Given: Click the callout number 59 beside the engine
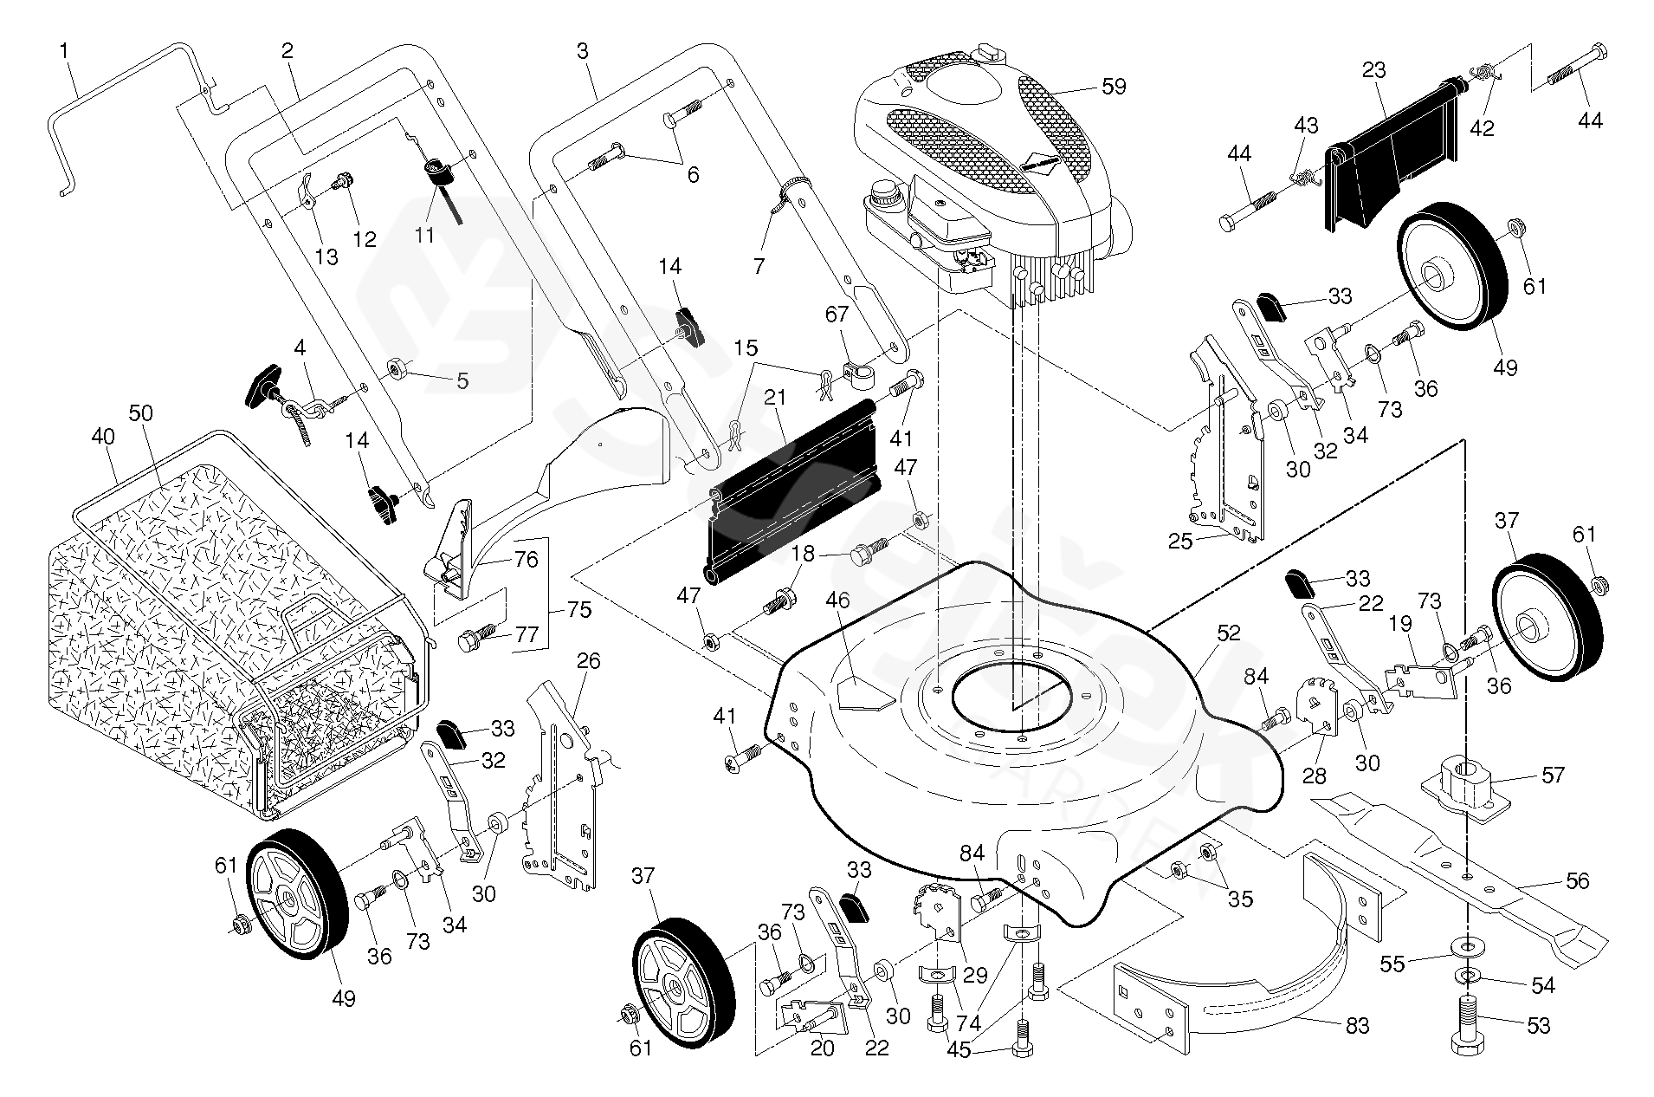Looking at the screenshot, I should pos(1114,87).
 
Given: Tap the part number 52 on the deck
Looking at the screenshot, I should pos(1228,633).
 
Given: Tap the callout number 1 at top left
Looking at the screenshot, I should pos(64,52).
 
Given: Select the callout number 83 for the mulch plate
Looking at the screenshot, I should pos(1357,1026).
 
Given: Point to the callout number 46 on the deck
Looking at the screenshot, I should pos(837,600).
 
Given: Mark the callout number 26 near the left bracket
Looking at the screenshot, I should pos(588,661).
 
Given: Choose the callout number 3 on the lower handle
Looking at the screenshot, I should pos(582,52).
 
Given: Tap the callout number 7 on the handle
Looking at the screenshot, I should pos(759,265).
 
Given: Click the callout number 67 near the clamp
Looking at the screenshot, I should pos(837,315).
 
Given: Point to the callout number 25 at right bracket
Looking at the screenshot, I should pos(1180,542).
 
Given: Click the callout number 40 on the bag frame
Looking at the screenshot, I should pos(103,438).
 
